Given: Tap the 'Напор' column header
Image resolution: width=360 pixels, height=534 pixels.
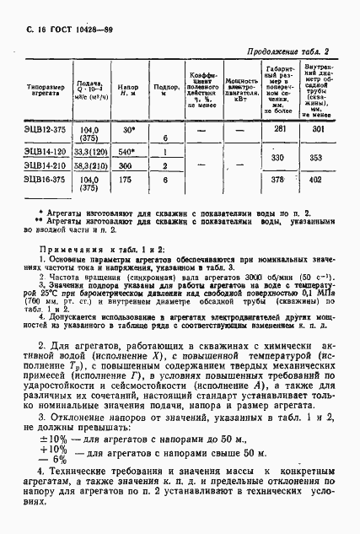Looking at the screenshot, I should (128, 89).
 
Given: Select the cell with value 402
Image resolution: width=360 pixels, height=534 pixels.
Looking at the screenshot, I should (319, 180).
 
